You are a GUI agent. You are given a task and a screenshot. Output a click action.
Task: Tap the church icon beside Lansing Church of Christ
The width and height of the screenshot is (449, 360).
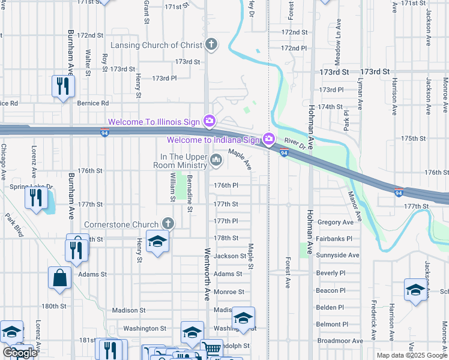(x=211, y=44)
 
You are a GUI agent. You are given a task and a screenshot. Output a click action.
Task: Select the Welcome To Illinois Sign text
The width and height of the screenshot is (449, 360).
(x=153, y=122)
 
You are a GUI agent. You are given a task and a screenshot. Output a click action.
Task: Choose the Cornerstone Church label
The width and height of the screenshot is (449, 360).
(x=121, y=224)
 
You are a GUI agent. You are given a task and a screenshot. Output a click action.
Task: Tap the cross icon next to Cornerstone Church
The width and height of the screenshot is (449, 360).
(x=169, y=224)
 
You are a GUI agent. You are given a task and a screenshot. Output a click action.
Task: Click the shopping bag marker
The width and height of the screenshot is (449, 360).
(x=60, y=278)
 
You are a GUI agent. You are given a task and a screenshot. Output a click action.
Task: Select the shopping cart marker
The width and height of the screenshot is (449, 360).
(x=211, y=348)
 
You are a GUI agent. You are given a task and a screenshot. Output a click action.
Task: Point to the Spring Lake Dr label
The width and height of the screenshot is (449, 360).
(x=31, y=187)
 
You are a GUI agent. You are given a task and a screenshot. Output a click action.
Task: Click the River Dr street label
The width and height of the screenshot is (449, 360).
(x=295, y=144)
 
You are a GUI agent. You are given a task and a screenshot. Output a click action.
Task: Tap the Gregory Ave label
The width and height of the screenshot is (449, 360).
(x=336, y=222)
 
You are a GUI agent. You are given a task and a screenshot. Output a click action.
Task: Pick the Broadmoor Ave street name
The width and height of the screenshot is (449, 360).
(x=340, y=341)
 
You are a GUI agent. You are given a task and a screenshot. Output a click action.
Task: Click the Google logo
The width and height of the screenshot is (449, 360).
(x=19, y=353)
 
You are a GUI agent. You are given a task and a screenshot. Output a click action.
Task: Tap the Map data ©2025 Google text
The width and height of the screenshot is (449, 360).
(x=411, y=355)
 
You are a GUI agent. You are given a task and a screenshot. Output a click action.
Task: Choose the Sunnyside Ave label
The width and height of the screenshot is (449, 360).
(x=338, y=255)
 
